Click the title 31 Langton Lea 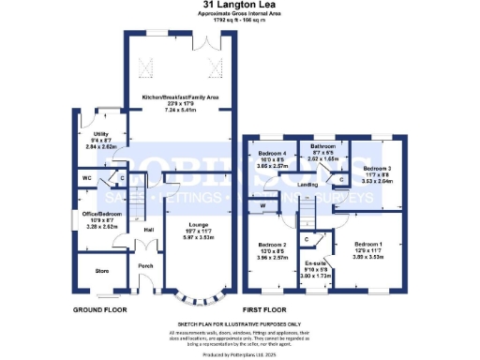tap(239, 5)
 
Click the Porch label tap(145, 265)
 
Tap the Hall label tap(148, 230)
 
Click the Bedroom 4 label tap(271, 153)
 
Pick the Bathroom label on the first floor tap(324, 146)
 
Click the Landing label tap(307, 185)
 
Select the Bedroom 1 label tap(367, 246)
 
